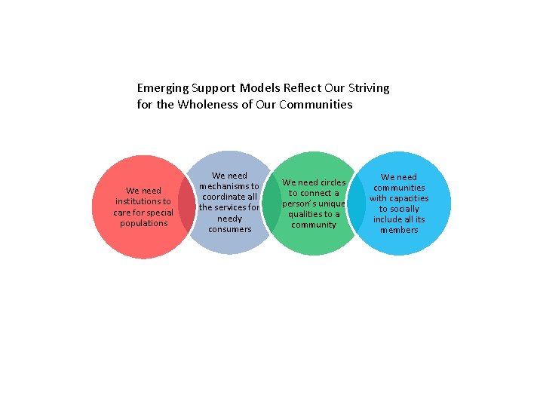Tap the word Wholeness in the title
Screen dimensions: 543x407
point(206,105)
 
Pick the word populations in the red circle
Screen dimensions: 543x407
point(143,223)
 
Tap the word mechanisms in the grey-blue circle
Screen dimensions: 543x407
point(229,186)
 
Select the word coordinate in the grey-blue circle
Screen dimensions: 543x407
point(224,197)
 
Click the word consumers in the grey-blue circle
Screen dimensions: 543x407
point(229,229)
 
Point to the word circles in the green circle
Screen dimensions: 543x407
point(333,182)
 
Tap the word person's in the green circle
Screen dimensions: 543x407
point(301,203)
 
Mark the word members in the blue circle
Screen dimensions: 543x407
point(399,230)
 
